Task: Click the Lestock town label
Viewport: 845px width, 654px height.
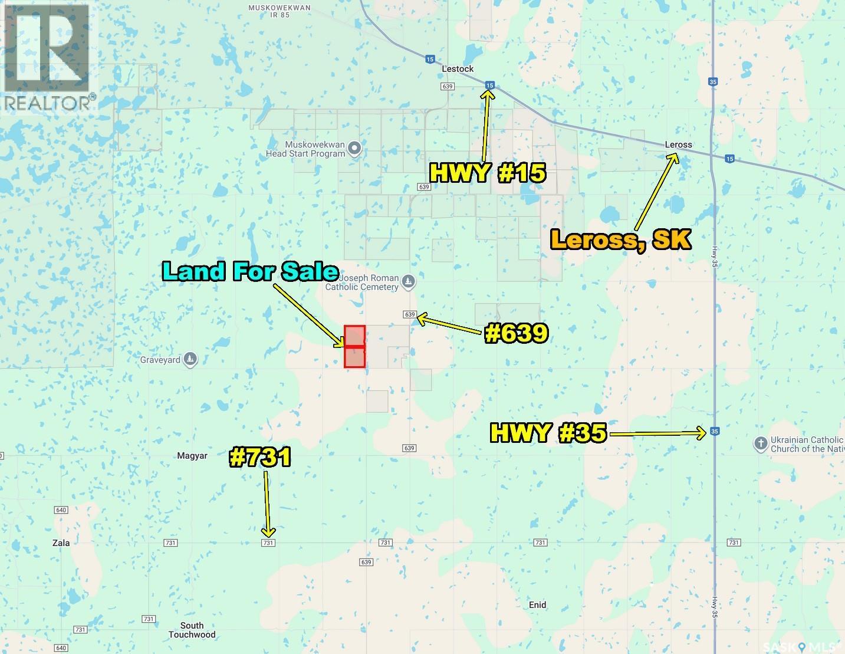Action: coord(458,69)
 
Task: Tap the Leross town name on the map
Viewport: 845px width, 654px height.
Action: coord(678,144)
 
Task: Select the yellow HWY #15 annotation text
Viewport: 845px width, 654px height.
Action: coord(488,173)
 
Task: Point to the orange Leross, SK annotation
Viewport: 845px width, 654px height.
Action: coord(620,240)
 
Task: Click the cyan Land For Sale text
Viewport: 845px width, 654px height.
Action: coord(250,271)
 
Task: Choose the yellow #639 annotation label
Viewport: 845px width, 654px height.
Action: coord(517,334)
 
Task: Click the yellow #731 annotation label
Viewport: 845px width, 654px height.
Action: coord(260,458)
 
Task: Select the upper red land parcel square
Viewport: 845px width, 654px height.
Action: coord(355,336)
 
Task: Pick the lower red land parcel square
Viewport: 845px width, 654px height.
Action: coord(355,357)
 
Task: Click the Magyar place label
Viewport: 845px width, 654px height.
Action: coord(192,456)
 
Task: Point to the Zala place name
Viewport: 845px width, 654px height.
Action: coord(61,543)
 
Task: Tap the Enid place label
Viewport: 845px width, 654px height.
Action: coord(537,605)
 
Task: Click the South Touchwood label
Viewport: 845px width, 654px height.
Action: coord(192,630)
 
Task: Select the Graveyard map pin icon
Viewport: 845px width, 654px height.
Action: coord(190,359)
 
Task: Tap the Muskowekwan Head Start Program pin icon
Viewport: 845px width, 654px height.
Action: coord(354,149)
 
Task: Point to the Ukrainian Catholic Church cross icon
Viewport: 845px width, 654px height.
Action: coord(761,443)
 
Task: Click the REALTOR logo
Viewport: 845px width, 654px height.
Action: coord(47,57)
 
